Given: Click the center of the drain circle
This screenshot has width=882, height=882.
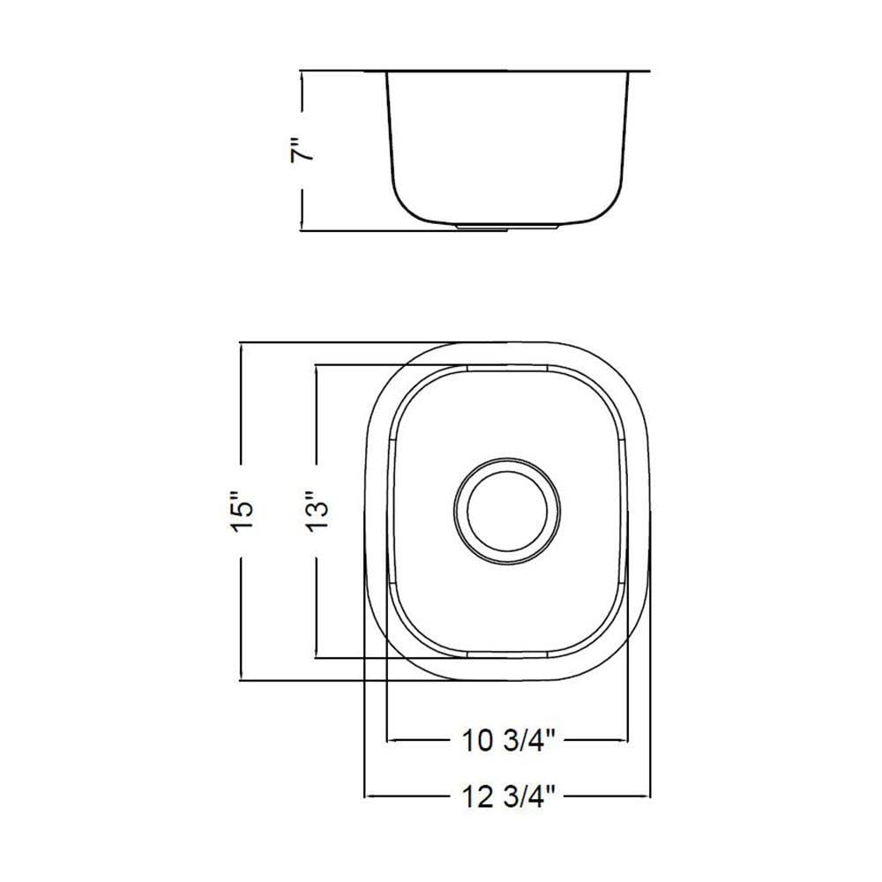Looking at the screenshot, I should (506, 511).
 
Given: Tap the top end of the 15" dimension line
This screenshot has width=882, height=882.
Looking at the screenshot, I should (242, 341).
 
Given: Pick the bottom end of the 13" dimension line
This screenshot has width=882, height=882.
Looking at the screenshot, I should (315, 657).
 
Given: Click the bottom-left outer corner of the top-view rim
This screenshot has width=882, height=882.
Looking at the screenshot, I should (385, 657).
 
